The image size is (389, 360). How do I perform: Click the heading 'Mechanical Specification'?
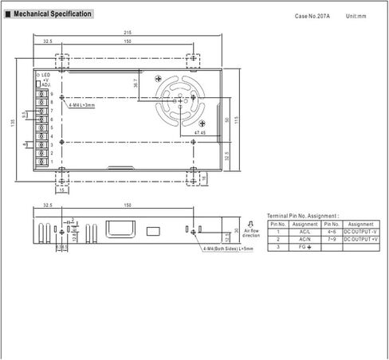pyautogui.click(x=51, y=14)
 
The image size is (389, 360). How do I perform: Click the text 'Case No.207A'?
pyautogui.click(x=312, y=16)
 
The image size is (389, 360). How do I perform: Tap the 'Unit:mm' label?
pyautogui.click(x=356, y=16)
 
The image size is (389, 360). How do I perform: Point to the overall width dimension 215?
pyautogui.click(x=128, y=33)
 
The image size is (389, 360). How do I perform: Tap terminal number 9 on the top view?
pyautogui.click(x=51, y=94)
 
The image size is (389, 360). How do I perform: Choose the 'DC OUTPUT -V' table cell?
pyautogui.click(x=360, y=231)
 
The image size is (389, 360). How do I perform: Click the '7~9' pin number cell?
pyautogui.click(x=331, y=239)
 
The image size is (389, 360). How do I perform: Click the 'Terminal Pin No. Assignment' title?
pyautogui.click(x=302, y=216)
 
